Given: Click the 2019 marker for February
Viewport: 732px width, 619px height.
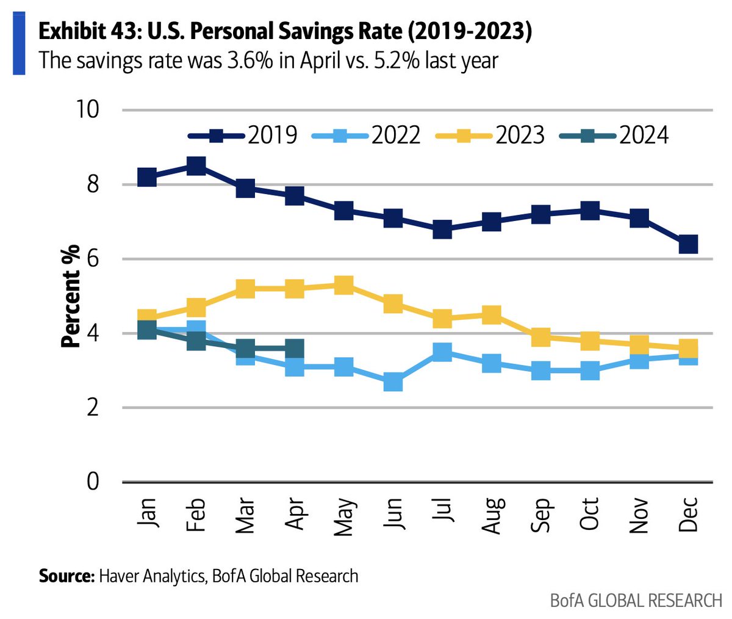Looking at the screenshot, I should (x=196, y=166).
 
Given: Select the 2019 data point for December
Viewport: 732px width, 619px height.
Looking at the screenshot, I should (x=688, y=244).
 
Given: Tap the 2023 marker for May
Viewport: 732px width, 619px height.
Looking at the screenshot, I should (x=344, y=284).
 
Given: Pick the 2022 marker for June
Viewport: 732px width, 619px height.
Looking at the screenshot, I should (x=393, y=383).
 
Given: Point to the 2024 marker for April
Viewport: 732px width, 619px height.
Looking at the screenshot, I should (x=295, y=349).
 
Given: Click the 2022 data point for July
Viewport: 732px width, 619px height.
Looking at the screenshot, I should (x=442, y=352).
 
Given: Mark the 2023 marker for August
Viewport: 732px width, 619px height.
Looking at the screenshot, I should (x=492, y=315).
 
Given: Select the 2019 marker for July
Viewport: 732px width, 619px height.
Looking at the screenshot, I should (x=442, y=230).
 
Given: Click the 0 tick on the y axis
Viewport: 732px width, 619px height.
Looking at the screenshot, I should (x=92, y=482).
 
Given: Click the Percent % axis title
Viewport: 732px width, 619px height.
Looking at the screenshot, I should (x=71, y=296).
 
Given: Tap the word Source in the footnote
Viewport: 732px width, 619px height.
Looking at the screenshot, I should (x=64, y=575).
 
